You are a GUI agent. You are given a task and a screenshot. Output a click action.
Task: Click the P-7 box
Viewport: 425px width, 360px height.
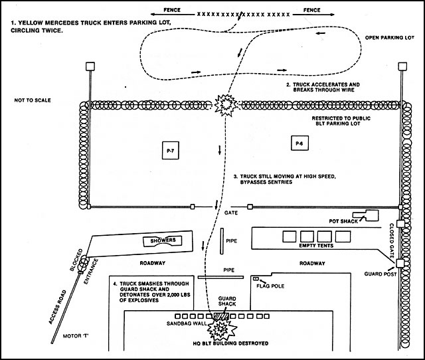click(x=170, y=152)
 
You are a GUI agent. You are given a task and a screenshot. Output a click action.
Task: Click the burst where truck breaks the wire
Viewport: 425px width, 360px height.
click(x=224, y=104)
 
